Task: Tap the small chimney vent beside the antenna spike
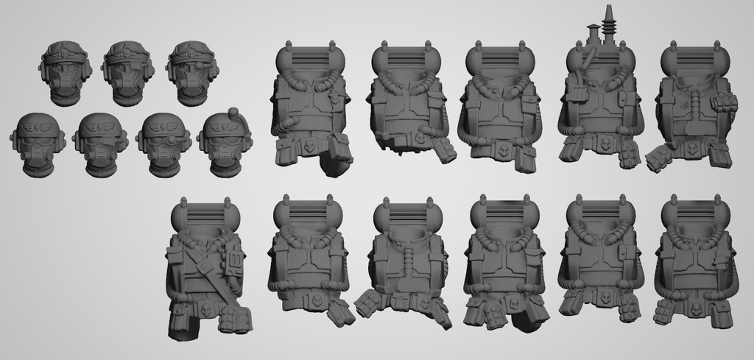[593, 34]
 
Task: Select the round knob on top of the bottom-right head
[233, 114]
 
